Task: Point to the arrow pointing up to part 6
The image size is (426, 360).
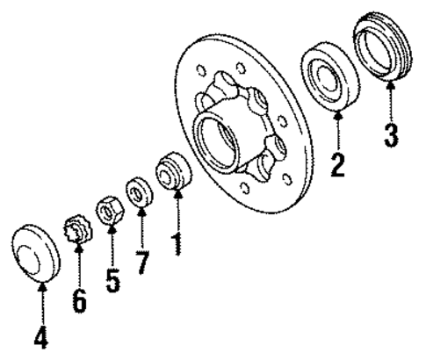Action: tap(78, 268)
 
